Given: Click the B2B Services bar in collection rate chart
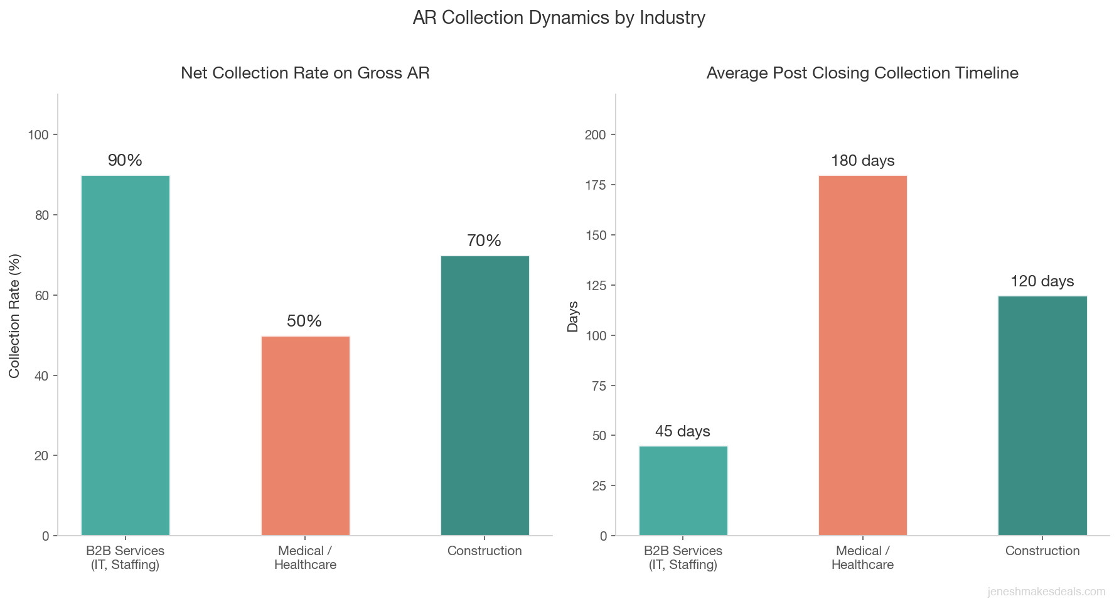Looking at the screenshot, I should tap(125, 355).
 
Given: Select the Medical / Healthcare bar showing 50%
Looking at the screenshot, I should tap(305, 436).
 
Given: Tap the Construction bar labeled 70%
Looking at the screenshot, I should tap(485, 396).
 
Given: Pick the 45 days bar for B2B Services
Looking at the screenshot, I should tap(683, 490).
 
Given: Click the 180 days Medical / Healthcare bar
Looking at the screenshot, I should tap(862, 355).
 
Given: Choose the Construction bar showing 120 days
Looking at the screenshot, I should tap(1042, 416).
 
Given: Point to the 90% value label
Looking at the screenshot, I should tap(125, 160).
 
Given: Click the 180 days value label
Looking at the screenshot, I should tap(862, 161).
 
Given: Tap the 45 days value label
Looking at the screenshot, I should tap(683, 431).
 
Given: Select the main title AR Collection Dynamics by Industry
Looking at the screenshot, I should tap(559, 18).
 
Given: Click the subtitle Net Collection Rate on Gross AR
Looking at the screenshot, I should tap(305, 73).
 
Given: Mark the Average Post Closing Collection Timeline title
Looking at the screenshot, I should tap(862, 73).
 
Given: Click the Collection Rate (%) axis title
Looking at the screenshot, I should tap(14, 315).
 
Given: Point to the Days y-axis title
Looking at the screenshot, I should tap(572, 316).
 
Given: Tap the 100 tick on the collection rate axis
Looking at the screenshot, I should tap(38, 135).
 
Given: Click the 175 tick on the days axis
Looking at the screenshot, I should tap(596, 185).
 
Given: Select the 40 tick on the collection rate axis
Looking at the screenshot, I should tap(42, 376).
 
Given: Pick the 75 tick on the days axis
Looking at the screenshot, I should tap(599, 386).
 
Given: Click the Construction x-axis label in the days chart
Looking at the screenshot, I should tap(1042, 551).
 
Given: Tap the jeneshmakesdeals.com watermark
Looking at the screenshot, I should tap(1046, 592).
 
